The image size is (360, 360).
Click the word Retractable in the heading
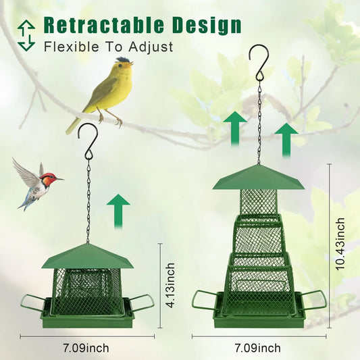pos(103,26)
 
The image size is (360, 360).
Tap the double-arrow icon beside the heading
pos(26,35)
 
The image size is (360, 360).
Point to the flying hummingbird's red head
pos(48,180)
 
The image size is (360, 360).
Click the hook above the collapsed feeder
pos(88,138)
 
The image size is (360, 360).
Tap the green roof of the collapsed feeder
pos(88,257)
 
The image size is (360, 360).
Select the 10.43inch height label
pos(340,244)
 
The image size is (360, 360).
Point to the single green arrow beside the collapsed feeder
pos(118,209)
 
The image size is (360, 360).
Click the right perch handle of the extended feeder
pos(315,301)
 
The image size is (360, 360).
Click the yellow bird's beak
pos(132,66)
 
